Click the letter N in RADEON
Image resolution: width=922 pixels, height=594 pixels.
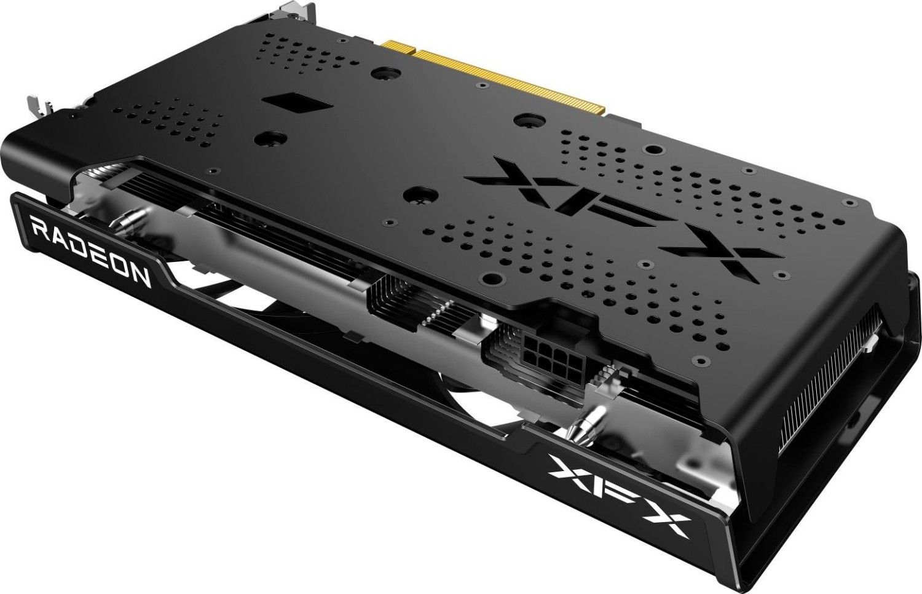point(140,277)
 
